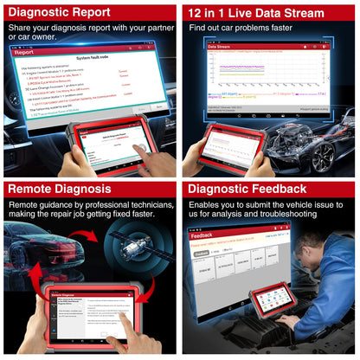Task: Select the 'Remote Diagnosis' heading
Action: [x=60, y=189]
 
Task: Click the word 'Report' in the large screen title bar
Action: [x=24, y=52]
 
